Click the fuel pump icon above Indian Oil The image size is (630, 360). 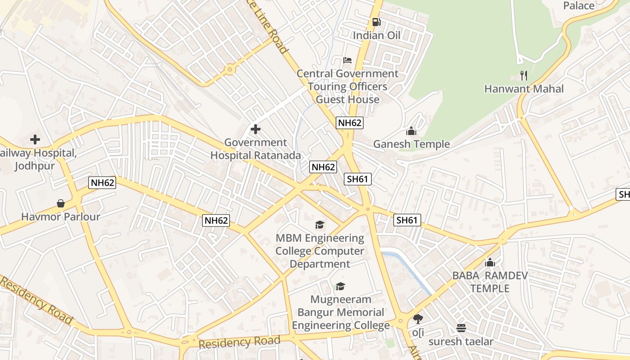click(x=376, y=22)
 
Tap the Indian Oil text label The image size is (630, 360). click(x=376, y=36)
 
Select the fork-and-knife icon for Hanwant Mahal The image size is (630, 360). click(x=523, y=75)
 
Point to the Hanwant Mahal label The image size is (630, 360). click(x=523, y=89)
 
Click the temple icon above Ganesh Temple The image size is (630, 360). click(x=411, y=131)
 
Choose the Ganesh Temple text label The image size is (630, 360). click(x=411, y=144)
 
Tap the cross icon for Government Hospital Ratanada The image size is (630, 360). click(x=255, y=130)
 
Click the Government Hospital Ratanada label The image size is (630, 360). click(x=256, y=149)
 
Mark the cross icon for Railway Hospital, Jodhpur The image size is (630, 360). click(x=35, y=139)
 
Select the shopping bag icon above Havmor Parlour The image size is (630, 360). click(x=61, y=203)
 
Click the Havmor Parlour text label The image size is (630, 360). click(x=61, y=216)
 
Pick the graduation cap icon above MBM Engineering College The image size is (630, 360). click(x=319, y=225)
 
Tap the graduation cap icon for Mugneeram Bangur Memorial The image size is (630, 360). click(x=341, y=286)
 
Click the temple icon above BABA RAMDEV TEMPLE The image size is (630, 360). click(x=490, y=262)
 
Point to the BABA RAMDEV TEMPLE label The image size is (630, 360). click(x=490, y=282)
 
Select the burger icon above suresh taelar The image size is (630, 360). click(x=461, y=328)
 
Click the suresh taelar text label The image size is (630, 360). click(x=461, y=342)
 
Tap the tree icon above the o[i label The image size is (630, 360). click(x=418, y=319)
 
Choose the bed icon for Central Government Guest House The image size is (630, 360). click(x=347, y=60)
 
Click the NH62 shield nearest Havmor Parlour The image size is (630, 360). click(x=102, y=182)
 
